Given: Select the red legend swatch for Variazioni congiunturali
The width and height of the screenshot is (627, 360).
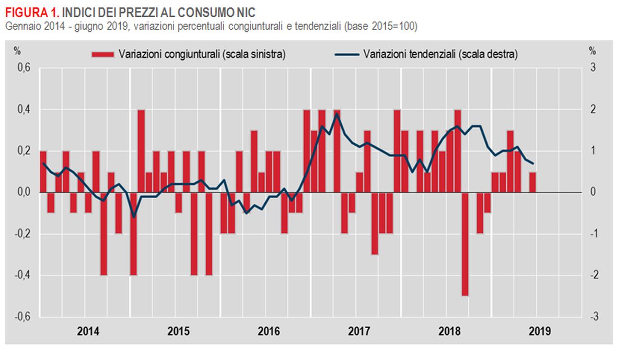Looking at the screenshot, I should [x=103, y=54].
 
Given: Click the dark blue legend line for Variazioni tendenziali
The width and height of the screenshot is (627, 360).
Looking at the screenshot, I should [x=345, y=54].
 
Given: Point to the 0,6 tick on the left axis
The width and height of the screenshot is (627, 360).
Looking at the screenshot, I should [x=25, y=68].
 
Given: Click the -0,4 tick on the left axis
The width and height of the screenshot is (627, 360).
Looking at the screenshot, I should [x=24, y=275].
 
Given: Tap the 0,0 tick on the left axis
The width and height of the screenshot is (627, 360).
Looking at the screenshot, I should [x=25, y=192].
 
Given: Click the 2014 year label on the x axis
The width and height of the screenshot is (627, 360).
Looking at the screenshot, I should [x=88, y=331].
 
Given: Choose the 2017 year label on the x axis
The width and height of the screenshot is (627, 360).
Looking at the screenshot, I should [x=359, y=331].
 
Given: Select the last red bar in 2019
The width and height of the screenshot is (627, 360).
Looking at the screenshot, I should [x=532, y=182].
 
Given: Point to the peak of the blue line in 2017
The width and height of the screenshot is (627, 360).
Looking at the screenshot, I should [x=338, y=114].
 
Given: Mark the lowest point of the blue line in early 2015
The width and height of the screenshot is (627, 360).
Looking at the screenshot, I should [x=134, y=216].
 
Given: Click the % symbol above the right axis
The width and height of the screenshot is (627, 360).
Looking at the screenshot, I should [x=592, y=51].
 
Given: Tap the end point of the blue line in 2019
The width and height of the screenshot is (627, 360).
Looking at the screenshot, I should [x=532, y=164].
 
